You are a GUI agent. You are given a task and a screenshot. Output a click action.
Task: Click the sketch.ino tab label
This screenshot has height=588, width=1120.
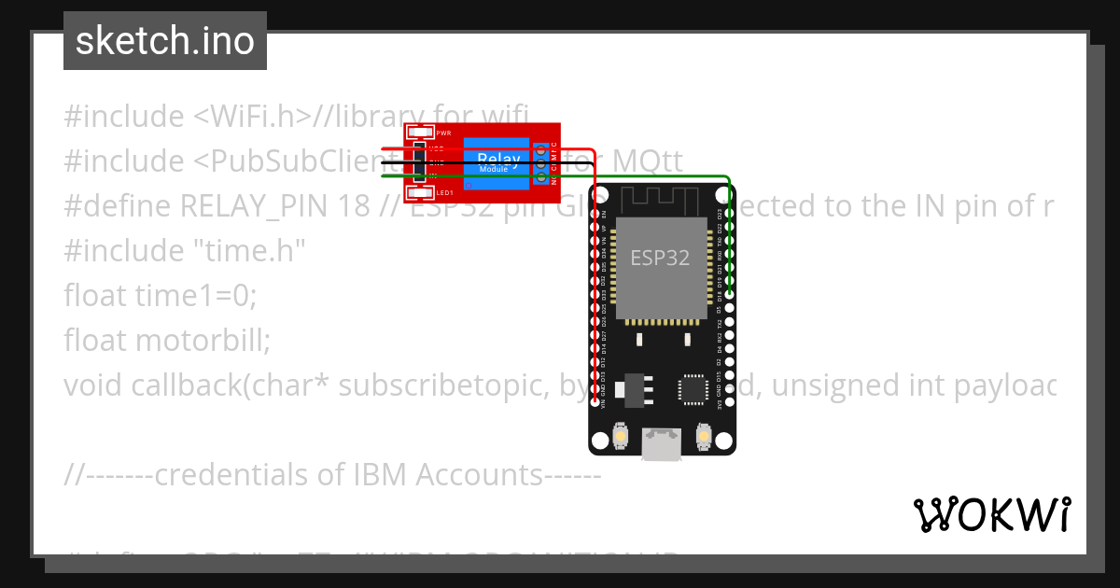coord(165,41)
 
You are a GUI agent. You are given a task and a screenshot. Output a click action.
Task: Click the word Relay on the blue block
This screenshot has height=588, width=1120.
coord(498,158)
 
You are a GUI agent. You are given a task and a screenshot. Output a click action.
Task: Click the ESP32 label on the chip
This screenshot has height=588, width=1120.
coord(660,258)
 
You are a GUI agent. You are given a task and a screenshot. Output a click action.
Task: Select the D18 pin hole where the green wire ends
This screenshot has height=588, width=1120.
coord(728,294)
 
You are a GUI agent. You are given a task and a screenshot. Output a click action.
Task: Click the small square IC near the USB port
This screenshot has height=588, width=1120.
coord(693,389)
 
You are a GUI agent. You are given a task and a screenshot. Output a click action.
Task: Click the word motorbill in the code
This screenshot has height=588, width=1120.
coord(202,341)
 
